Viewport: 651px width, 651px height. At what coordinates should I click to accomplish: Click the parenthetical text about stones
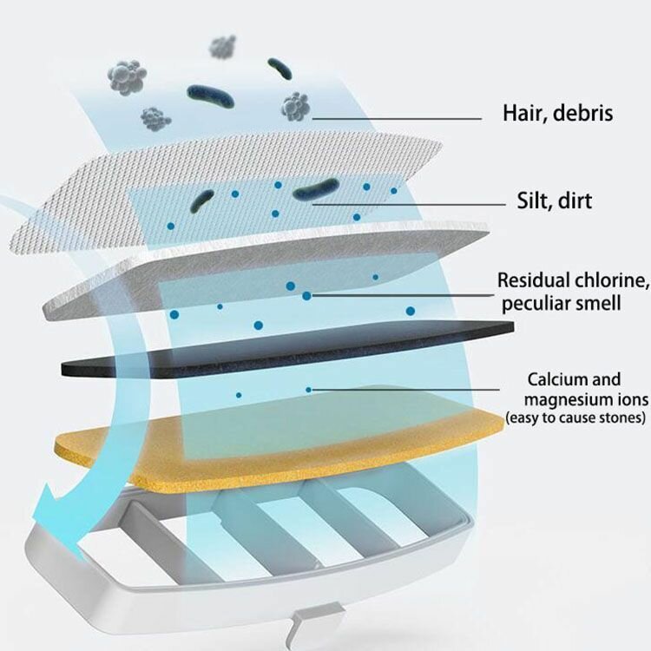576,418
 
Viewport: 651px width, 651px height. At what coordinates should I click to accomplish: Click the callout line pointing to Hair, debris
399,118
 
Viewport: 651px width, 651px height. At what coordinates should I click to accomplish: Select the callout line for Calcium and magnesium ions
408,390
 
